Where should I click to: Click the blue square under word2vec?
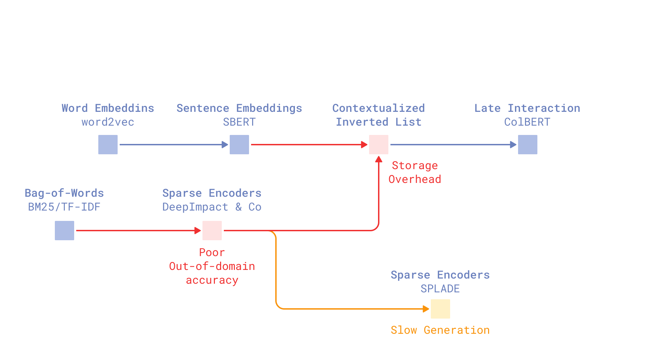[x=108, y=145]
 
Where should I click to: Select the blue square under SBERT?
[x=239, y=145]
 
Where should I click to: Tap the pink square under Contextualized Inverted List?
[x=378, y=145]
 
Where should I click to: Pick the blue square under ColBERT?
[x=527, y=145]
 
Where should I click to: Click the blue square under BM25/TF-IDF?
[x=64, y=231]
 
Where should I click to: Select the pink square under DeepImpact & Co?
[x=212, y=231]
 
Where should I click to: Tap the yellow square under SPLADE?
[x=440, y=309]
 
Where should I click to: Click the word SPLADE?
[x=440, y=289]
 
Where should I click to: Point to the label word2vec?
[x=108, y=122]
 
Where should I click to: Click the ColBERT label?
[x=527, y=122]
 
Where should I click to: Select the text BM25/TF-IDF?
[x=64, y=207]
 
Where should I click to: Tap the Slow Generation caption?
[x=440, y=330]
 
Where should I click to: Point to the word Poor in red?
[x=212, y=253]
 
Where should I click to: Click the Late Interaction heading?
[x=527, y=108]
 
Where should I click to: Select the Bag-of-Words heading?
[x=64, y=193]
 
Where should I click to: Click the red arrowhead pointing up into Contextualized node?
[x=379, y=159]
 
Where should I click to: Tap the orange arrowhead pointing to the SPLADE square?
[x=426, y=309]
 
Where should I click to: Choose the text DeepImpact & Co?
[x=212, y=207]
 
